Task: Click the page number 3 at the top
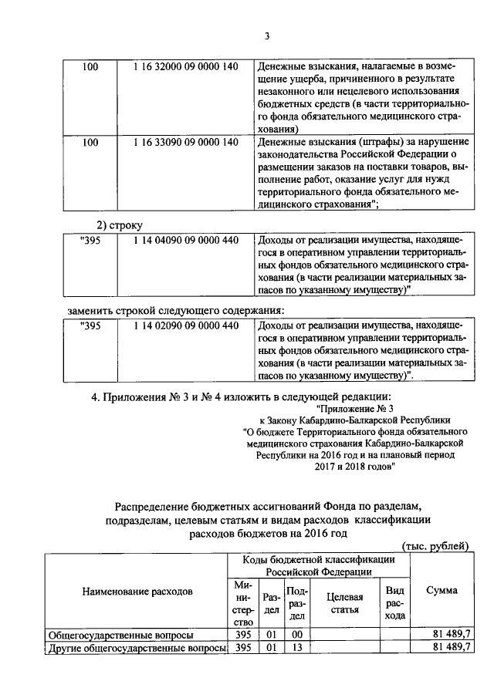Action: pyautogui.click(x=266, y=35)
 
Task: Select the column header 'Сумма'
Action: pyautogui.click(x=441, y=591)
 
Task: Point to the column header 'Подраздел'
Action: pyautogui.click(x=297, y=603)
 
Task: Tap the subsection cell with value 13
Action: pyautogui.click(x=297, y=647)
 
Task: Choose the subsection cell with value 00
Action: pyautogui.click(x=297, y=634)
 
